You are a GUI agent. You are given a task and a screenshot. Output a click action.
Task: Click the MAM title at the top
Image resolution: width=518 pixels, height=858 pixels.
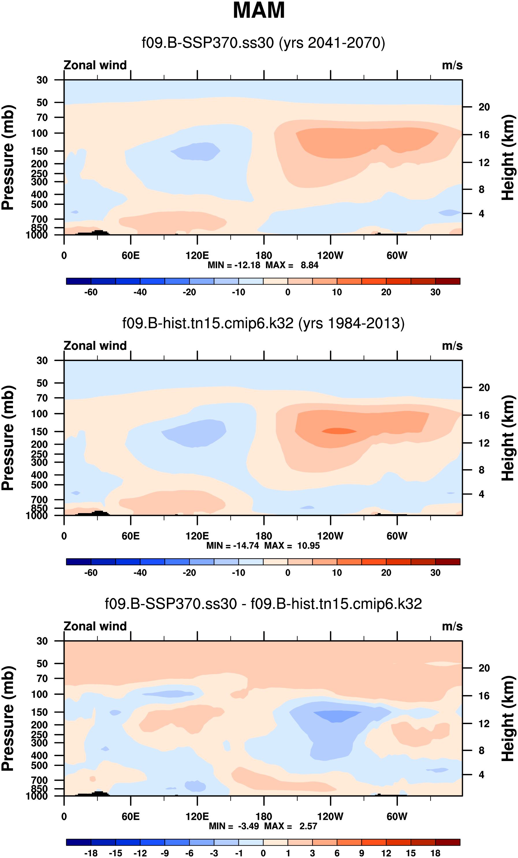pos(259,10)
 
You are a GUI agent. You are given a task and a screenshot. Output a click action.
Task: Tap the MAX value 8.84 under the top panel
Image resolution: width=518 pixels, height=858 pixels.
pos(309,265)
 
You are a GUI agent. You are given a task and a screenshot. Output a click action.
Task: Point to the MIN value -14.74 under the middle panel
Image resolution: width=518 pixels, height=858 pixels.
pos(246,546)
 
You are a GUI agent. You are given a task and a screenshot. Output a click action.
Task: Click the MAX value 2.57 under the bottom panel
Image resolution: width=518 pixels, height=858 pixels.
pos(308,826)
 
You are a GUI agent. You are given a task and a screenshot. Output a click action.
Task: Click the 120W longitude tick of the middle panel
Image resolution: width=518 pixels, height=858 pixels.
pos(330,536)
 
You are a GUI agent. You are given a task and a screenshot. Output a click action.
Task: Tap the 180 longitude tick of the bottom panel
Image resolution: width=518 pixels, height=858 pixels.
pos(264,816)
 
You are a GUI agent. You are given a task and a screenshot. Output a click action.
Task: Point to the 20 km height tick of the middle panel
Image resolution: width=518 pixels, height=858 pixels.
pos(484,388)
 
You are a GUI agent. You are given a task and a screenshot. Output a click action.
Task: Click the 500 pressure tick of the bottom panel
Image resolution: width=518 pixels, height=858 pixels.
pos(39,766)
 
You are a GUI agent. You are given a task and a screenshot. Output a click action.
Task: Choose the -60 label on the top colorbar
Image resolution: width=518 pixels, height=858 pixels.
pos(91,292)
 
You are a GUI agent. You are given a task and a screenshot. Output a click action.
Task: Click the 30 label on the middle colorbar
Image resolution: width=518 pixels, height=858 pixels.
pos(435,573)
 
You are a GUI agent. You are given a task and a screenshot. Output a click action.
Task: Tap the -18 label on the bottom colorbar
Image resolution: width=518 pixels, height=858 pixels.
pos(91,853)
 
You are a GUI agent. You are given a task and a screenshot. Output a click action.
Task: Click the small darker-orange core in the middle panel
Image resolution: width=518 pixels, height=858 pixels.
pos(339,431)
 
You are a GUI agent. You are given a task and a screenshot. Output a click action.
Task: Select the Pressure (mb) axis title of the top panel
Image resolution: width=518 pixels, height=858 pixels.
pos(8,157)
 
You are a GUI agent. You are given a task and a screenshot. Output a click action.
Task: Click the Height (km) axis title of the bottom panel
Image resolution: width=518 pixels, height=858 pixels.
pos(508,718)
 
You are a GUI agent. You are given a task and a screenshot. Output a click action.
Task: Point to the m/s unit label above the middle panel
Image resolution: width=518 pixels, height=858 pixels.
pos(452,346)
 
